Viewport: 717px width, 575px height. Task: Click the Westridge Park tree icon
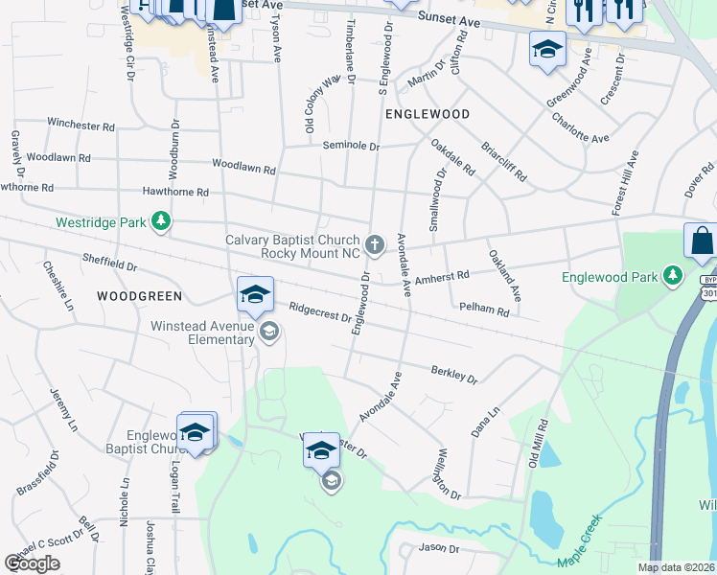pyautogui.click(x=161, y=222)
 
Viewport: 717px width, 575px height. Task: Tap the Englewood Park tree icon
pyautogui.click(x=674, y=277)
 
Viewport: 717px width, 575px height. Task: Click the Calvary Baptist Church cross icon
pyautogui.click(x=375, y=246)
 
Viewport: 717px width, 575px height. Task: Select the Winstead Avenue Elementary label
pyautogui.click(x=201, y=332)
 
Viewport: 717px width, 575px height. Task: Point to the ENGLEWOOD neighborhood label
pyautogui.click(x=428, y=113)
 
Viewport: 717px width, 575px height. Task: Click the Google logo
pyautogui.click(x=32, y=563)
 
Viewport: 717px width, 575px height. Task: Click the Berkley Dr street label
pyautogui.click(x=454, y=374)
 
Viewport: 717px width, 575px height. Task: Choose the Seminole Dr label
pyautogui.click(x=352, y=147)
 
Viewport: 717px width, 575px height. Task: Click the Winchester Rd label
pyautogui.click(x=81, y=126)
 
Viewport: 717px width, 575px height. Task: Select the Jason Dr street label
pyautogui.click(x=439, y=549)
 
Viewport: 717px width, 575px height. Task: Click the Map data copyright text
pyautogui.click(x=675, y=567)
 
